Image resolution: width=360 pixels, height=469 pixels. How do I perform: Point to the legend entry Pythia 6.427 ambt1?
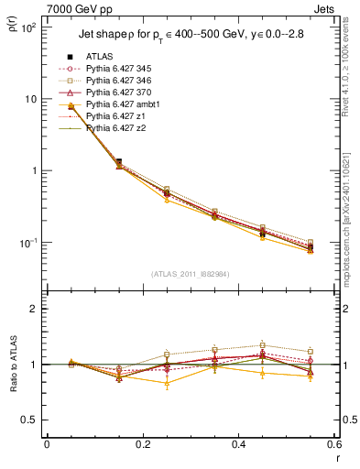point(125,104)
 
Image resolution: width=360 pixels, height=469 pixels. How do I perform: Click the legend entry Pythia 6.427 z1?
point(118,116)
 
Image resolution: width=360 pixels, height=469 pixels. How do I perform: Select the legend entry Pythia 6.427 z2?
point(118,128)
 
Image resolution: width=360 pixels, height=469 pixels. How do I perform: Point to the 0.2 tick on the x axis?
point(142,447)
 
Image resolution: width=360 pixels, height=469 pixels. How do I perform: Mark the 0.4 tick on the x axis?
point(238,447)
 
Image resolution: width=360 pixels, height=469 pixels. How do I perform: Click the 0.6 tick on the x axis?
point(333,447)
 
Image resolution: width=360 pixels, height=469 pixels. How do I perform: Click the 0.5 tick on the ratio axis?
point(30,420)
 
